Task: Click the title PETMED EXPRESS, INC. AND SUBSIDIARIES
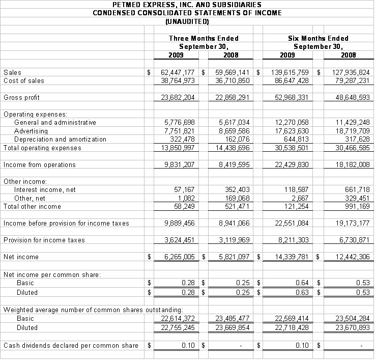click(187, 5)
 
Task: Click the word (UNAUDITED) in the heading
click(187, 21)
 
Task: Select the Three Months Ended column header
click(204, 38)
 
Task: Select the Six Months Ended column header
click(318, 38)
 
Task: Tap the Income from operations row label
click(40, 164)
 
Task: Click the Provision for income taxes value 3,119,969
click(234, 240)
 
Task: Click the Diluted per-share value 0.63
click(303, 292)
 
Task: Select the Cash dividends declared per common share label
click(71, 345)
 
